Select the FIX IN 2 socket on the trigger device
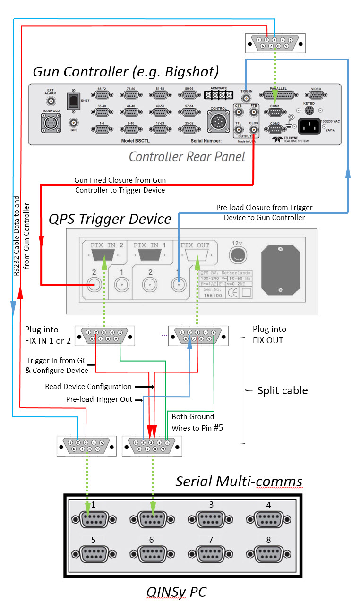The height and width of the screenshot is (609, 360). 103,257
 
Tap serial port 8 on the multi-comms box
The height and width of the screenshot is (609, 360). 268,553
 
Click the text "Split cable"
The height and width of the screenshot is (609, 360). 282,390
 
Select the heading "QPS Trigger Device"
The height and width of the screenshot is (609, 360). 110,219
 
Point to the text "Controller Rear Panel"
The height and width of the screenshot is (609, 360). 187,157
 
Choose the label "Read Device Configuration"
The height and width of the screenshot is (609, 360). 88,387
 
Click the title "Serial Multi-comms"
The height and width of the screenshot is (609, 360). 239,481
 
